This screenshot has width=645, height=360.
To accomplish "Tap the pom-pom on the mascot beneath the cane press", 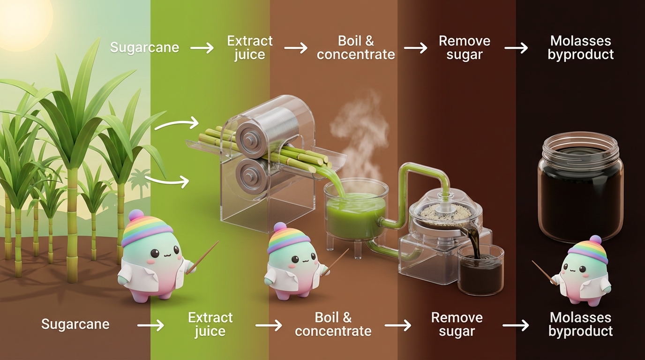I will (x=280, y=227).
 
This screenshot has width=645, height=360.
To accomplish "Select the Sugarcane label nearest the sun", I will (x=145, y=47).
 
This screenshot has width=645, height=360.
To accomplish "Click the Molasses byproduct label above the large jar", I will (x=581, y=47).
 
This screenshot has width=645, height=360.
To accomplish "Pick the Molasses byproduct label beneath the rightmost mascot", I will (x=581, y=324).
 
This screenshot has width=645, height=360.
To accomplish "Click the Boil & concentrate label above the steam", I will (x=356, y=47).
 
